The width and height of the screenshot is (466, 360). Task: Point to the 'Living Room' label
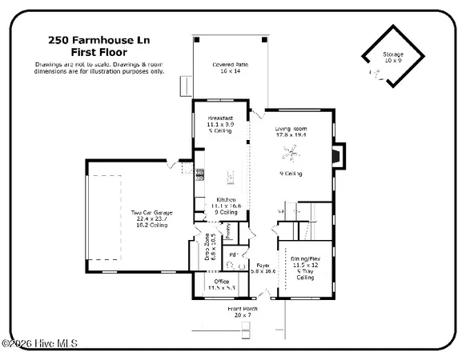tap(291, 128)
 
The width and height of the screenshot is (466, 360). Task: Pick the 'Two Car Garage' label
tap(153, 212)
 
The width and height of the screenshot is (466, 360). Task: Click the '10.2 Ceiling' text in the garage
tap(153, 226)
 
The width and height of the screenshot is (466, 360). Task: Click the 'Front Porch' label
tap(243, 307)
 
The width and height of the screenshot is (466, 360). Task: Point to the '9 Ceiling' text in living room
tap(291, 173)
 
